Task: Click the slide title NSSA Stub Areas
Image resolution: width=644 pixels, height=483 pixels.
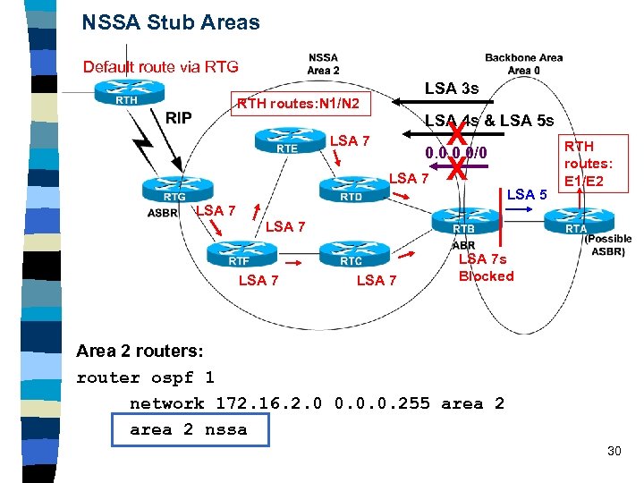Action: pyautogui.click(x=171, y=22)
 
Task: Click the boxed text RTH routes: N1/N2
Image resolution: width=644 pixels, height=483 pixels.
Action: pyautogui.click(x=298, y=105)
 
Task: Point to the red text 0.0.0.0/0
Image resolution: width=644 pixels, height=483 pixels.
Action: pyautogui.click(x=456, y=153)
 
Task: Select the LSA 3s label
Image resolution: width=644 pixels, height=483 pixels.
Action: pyautogui.click(x=452, y=88)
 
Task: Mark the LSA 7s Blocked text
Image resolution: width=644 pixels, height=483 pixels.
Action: pyautogui.click(x=486, y=267)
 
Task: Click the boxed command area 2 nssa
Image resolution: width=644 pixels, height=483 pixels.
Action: pyautogui.click(x=187, y=429)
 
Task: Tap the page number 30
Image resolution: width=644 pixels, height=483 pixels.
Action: pyautogui.click(x=614, y=451)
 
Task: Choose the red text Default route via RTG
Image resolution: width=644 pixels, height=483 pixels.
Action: pyautogui.click(x=160, y=66)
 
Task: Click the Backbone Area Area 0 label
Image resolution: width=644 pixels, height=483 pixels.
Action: pyautogui.click(x=523, y=64)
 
